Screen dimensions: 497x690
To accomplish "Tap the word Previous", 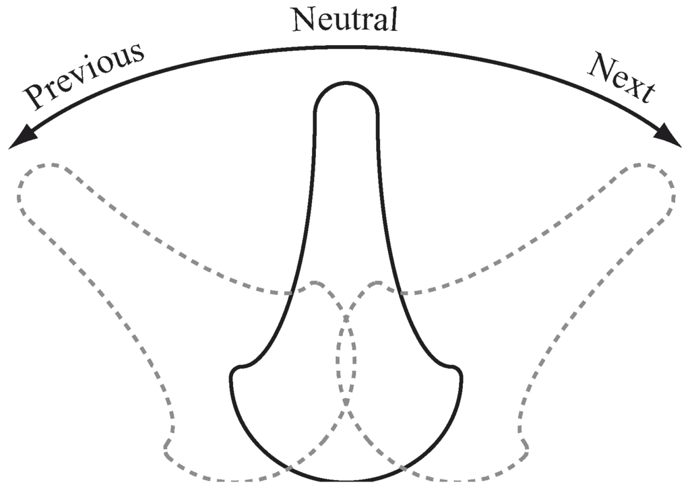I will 84,75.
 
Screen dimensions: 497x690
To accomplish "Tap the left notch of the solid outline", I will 235,370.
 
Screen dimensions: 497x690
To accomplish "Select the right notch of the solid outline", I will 458,370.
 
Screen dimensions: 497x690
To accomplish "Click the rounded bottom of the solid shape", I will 346,479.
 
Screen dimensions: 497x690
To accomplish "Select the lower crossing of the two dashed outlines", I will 346,403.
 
